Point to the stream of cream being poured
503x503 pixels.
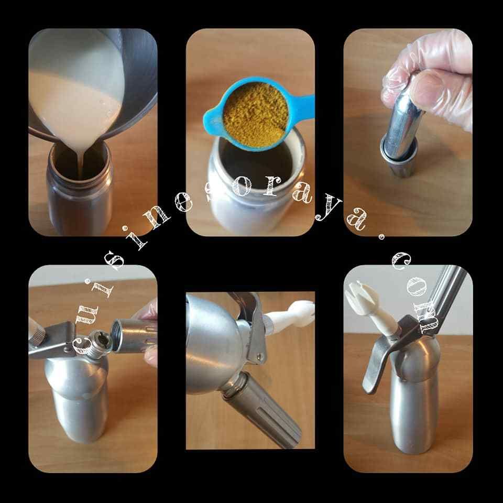(81, 163)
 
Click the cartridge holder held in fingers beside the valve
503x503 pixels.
(133, 335)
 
